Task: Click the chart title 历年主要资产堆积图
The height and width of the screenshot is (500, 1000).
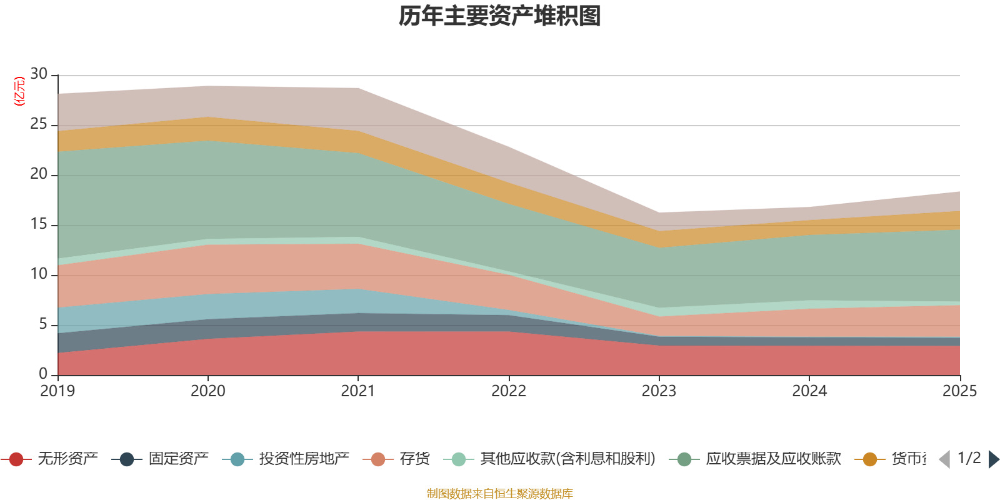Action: click(x=500, y=16)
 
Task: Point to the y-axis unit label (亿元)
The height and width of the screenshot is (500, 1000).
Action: click(x=19, y=91)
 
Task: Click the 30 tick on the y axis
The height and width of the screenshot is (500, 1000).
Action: click(x=39, y=74)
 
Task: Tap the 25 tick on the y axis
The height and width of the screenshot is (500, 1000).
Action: click(x=39, y=124)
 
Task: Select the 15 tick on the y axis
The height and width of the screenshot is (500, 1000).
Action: click(x=39, y=224)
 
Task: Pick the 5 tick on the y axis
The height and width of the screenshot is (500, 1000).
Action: click(x=42, y=324)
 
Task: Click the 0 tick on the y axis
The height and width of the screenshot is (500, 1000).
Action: click(x=42, y=374)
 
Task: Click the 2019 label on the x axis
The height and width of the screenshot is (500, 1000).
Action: click(x=57, y=391)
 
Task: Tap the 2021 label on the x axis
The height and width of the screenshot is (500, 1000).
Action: click(x=357, y=391)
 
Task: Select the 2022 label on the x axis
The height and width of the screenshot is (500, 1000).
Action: click(x=508, y=391)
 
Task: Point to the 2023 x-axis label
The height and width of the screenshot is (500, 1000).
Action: click(x=659, y=391)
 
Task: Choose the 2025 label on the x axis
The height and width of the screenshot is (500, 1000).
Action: click(x=959, y=391)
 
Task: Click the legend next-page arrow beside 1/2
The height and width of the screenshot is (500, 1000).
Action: click(x=993, y=459)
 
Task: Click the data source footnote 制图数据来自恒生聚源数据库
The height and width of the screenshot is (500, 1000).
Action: click(x=500, y=494)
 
